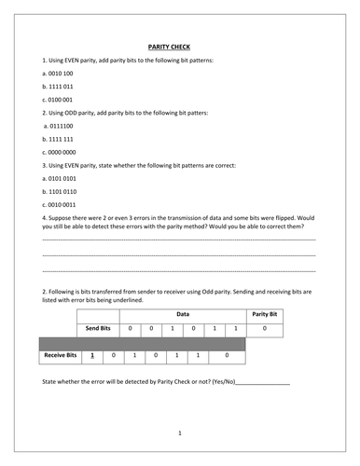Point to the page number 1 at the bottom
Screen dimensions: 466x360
[180, 432]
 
